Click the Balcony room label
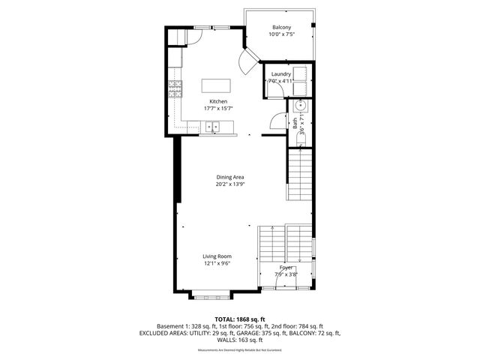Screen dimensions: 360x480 (x=282, y=27)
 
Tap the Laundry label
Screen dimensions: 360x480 (x=281, y=74)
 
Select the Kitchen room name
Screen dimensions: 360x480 (x=218, y=101)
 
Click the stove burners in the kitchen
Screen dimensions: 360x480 (x=175, y=90)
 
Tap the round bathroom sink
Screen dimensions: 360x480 (x=298, y=106)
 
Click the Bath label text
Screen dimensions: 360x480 (x=295, y=120)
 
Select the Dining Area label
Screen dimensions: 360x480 (x=230, y=176)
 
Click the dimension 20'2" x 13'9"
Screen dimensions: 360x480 (x=230, y=184)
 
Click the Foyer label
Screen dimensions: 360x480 (x=286, y=268)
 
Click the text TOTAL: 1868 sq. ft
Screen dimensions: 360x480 (x=239, y=319)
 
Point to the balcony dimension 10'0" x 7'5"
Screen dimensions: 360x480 (x=282, y=34)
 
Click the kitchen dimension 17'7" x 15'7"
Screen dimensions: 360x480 (x=218, y=109)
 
